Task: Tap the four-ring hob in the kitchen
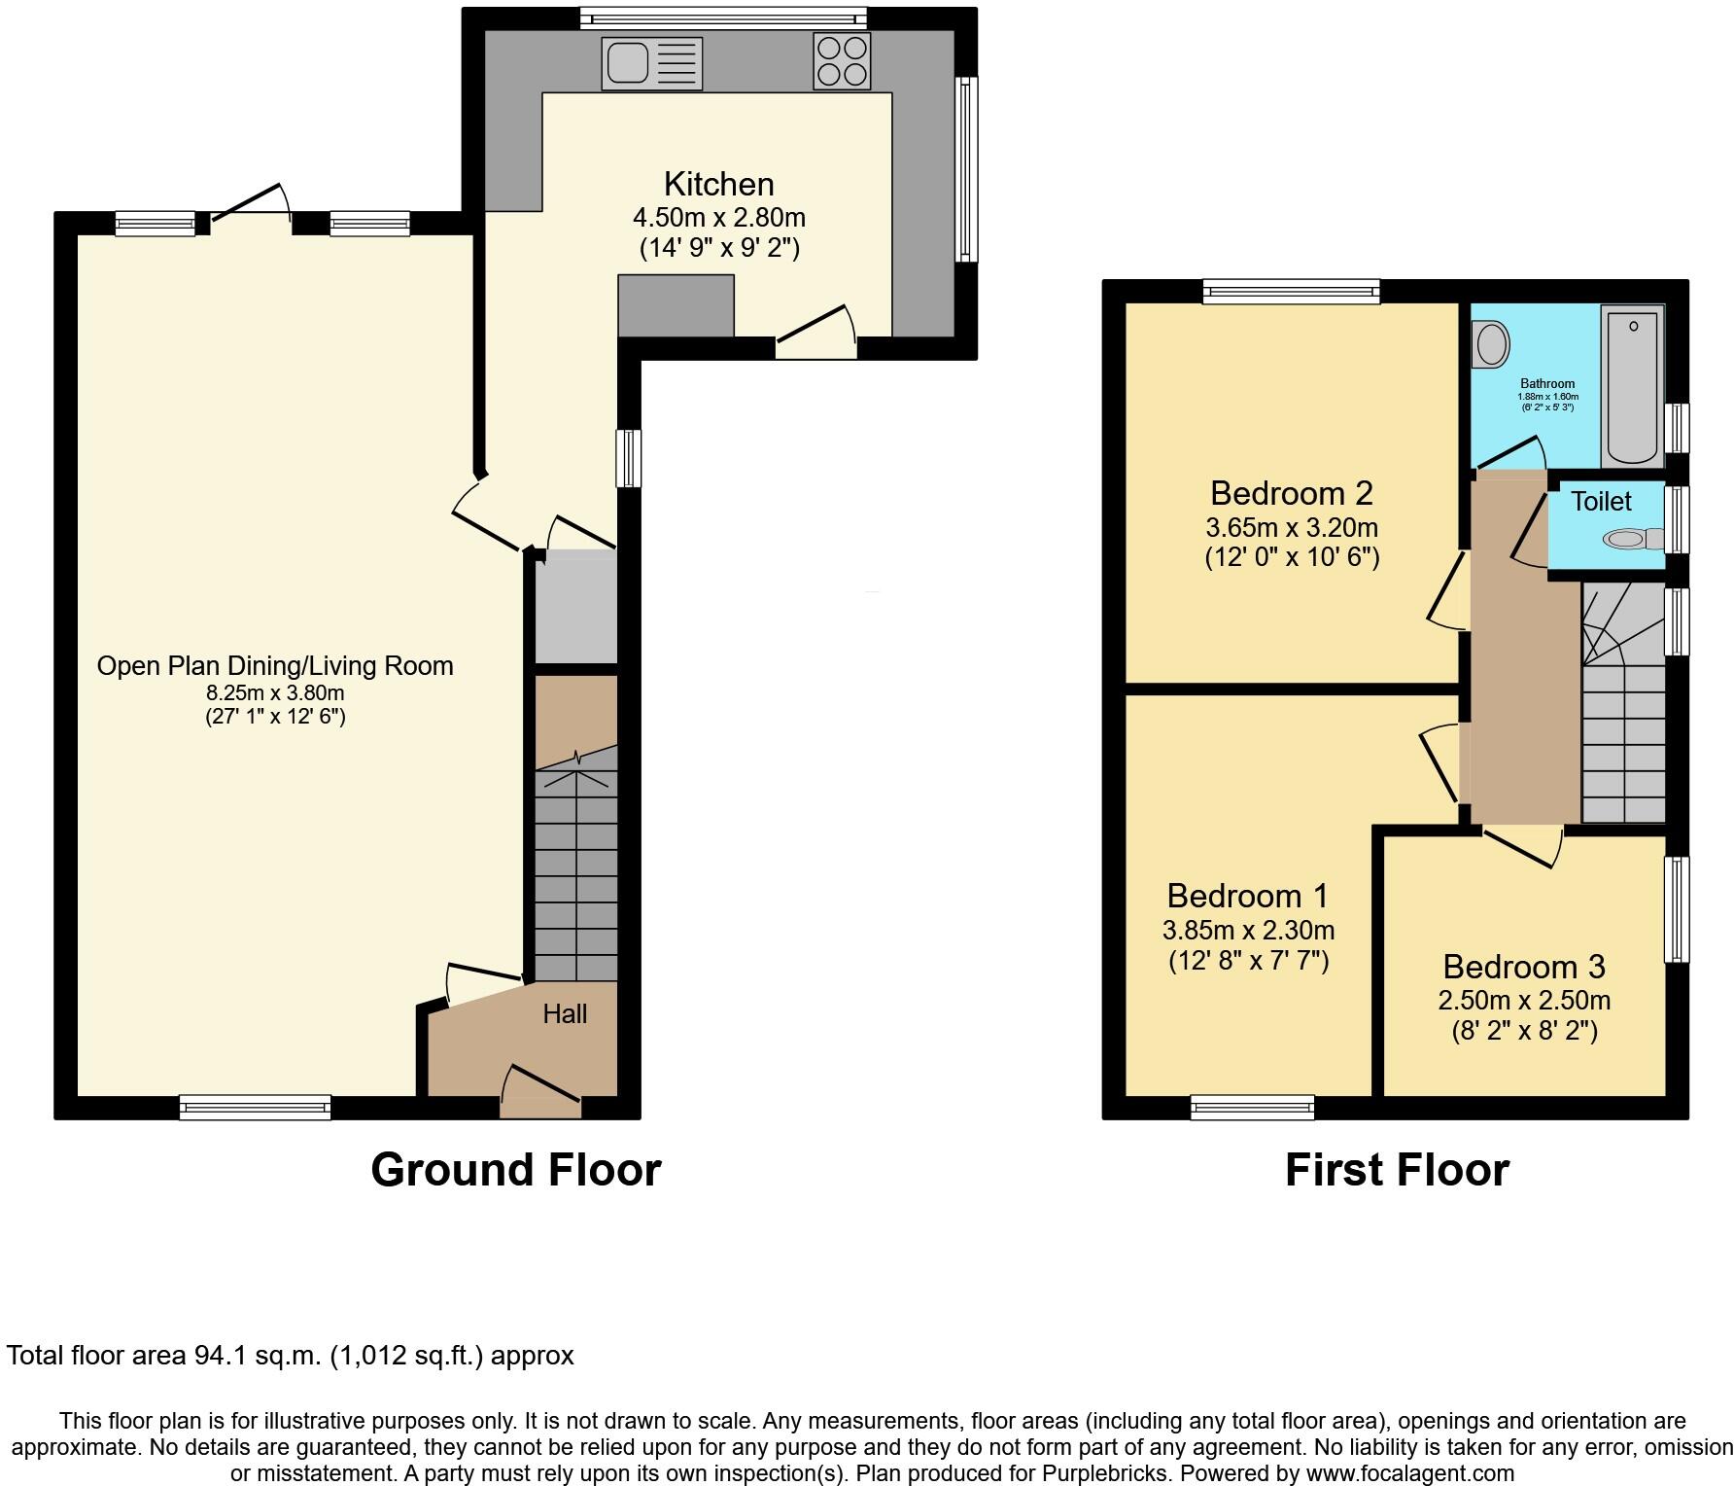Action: click(842, 61)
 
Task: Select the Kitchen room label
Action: click(719, 184)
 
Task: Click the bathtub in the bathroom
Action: click(1633, 386)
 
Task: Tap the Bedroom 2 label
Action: click(1292, 493)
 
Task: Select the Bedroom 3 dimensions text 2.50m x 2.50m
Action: click(1524, 1000)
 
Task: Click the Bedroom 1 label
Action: click(1248, 895)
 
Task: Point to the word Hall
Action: click(565, 1014)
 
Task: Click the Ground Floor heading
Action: click(516, 1169)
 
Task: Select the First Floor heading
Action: click(1397, 1169)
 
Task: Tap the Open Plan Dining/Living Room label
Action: click(275, 666)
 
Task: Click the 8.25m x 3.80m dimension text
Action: click(275, 693)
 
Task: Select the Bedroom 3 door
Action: click(1522, 845)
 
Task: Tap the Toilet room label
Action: click(1602, 502)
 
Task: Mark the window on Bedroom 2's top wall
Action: click(1291, 290)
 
